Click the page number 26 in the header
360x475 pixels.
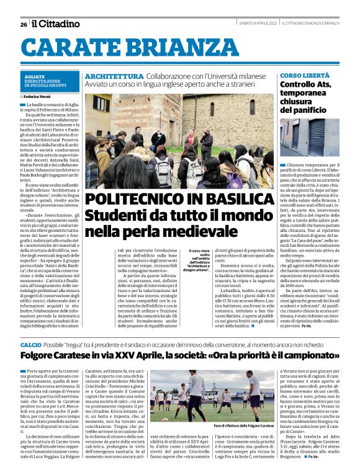pos(23,24)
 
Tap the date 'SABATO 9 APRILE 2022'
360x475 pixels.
pos(258,24)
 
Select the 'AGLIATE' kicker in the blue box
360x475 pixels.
pos(34,76)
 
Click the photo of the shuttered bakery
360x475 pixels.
pos(308,138)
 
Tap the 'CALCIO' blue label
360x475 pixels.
pos(30,344)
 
